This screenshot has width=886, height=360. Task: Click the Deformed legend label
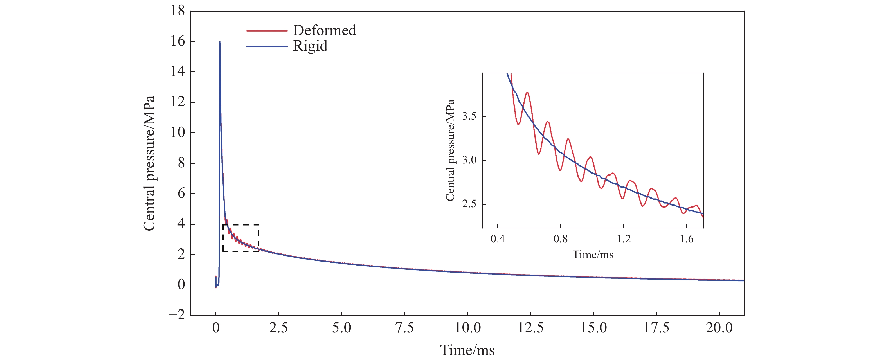(x=324, y=31)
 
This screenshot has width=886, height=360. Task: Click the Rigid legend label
(x=310, y=46)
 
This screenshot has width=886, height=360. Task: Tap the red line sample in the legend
(x=267, y=31)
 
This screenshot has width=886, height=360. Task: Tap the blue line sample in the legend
(x=267, y=46)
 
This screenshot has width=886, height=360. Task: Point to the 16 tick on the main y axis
(x=177, y=41)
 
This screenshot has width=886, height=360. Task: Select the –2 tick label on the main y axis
(x=176, y=315)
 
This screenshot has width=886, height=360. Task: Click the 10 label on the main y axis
(x=177, y=132)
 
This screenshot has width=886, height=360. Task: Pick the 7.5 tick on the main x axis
(x=404, y=328)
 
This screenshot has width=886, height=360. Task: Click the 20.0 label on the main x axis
(x=719, y=328)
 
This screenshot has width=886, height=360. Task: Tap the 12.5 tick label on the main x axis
(x=530, y=328)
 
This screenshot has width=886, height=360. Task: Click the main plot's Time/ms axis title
(x=467, y=350)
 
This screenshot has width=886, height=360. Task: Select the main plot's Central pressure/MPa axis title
(x=149, y=163)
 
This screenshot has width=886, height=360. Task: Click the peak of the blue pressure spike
(x=220, y=42)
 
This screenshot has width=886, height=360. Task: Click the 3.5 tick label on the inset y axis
(x=469, y=116)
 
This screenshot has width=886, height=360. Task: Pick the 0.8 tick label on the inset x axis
(x=560, y=238)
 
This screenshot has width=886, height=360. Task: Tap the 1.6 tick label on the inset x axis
(x=687, y=238)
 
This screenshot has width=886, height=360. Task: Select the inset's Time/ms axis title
(x=593, y=255)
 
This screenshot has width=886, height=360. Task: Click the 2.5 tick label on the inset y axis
(x=469, y=204)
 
